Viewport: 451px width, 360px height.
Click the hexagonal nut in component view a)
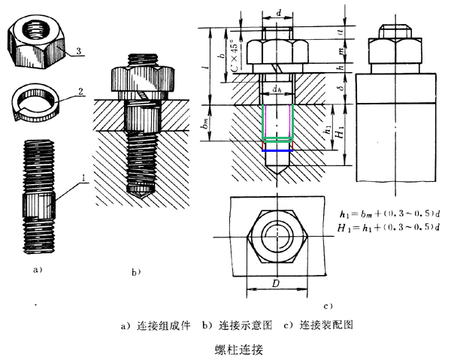coord(38,38)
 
